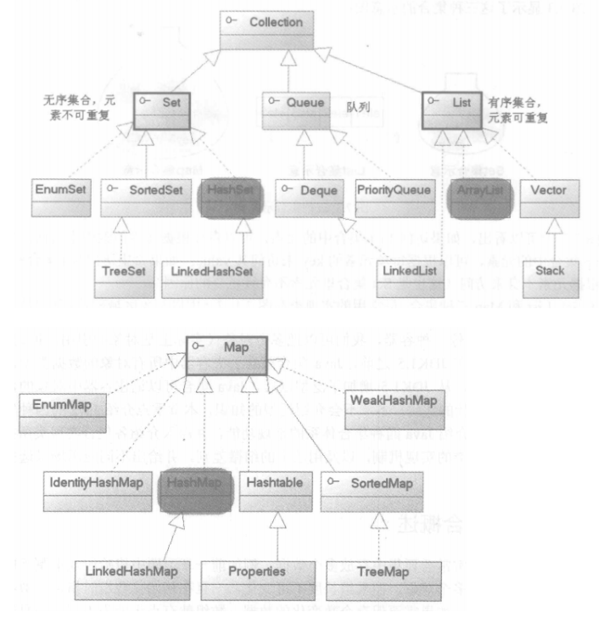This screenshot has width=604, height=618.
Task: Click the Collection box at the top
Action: pyautogui.click(x=273, y=30)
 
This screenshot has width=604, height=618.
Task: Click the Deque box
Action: pyautogui.click(x=306, y=194)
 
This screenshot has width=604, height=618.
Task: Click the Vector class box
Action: pyautogui.click(x=550, y=194)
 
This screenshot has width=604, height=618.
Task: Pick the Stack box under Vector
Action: pyautogui.click(x=551, y=278)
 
